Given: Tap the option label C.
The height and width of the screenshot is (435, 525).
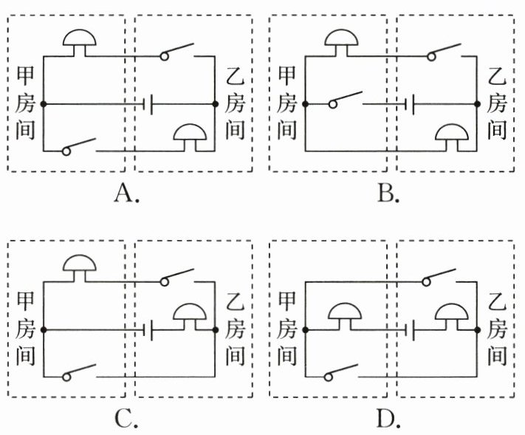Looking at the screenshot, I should [126, 419].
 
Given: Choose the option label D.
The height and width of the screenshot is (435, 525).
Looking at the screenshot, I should [388, 419].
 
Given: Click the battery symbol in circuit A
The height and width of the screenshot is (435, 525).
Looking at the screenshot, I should [148, 104].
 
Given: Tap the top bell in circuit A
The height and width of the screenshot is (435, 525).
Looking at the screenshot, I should [80, 40].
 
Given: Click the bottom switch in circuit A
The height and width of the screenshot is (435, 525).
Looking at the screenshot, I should [80, 146].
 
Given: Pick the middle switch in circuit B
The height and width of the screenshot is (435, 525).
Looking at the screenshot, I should [347, 100].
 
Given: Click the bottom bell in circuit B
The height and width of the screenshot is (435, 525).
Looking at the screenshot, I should [453, 135].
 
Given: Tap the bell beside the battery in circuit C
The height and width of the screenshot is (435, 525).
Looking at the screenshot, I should [191, 314].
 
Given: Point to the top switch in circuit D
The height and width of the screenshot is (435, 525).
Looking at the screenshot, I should [443, 277].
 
